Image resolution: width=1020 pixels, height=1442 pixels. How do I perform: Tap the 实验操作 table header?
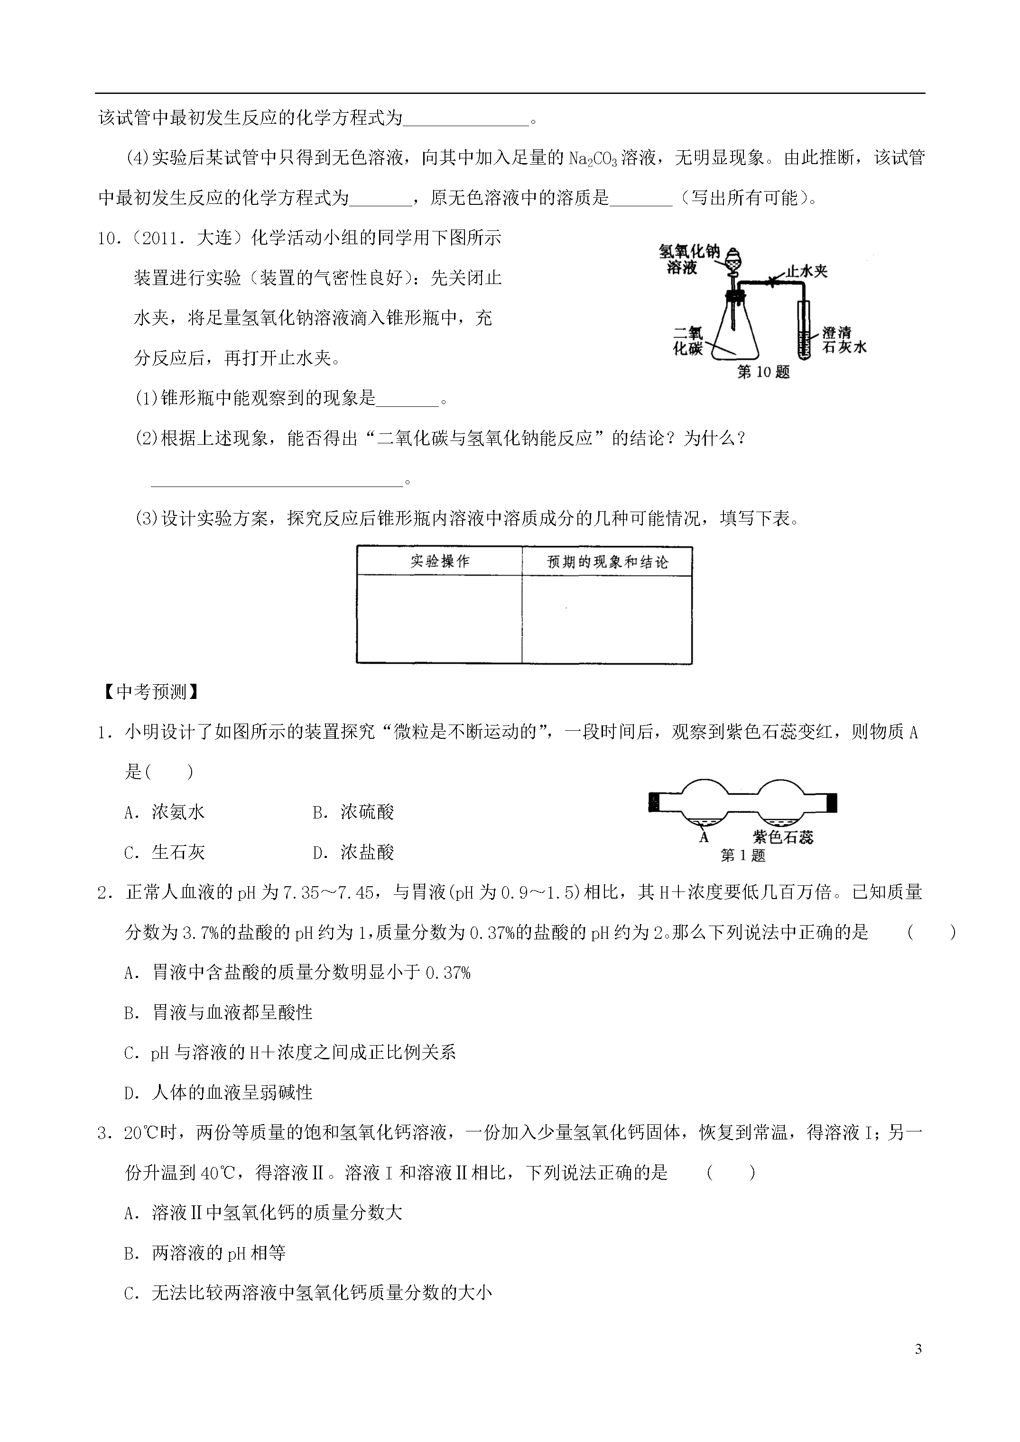pos(440,561)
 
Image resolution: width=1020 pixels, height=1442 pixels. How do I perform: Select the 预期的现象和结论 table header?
pos(607,562)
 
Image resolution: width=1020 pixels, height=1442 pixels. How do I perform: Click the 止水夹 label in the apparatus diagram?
pos(807,271)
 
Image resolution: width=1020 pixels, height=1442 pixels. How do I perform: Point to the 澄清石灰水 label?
pos(844,340)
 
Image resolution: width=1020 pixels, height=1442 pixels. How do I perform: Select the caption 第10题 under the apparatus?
pos(762,372)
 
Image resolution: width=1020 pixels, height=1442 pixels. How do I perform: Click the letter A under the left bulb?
pos(704,836)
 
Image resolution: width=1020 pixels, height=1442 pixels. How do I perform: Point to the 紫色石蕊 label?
pos(783,836)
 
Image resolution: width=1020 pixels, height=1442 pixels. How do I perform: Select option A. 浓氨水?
pos(165,812)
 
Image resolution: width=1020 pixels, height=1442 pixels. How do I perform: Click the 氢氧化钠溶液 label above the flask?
pos(689,259)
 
